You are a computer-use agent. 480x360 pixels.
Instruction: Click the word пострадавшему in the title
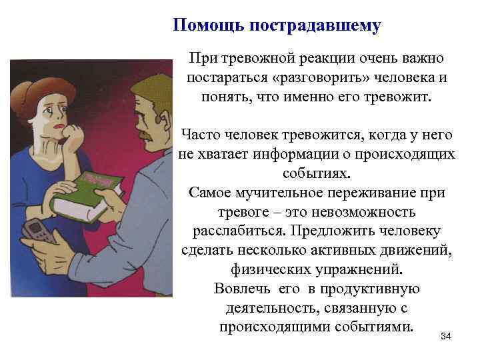tap(315, 26)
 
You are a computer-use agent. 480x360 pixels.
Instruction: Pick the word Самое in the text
tap(211, 193)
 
